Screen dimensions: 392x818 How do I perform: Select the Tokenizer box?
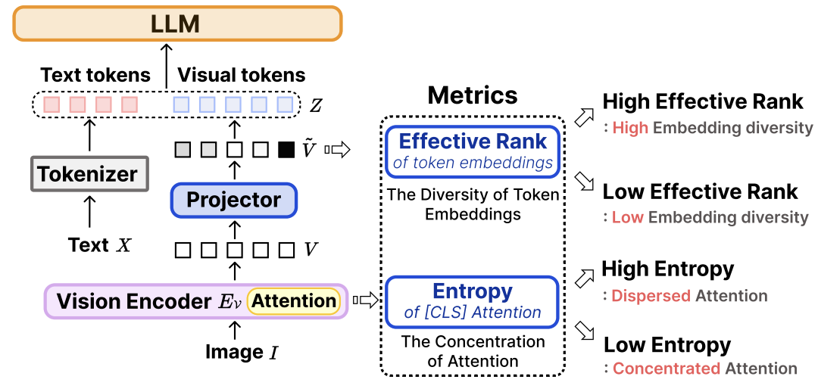[x=88, y=175]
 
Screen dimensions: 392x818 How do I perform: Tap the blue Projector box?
[x=234, y=200]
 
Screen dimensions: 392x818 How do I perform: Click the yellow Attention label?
[x=293, y=300]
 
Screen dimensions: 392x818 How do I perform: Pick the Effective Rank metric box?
[x=473, y=151]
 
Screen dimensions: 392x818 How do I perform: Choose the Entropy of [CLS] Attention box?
[x=473, y=300]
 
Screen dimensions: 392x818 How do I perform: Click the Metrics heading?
[x=473, y=95]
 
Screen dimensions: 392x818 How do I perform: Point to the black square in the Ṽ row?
[x=286, y=149]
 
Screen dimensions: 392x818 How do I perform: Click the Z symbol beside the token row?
[x=315, y=104]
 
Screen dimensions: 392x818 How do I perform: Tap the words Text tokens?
[x=95, y=75]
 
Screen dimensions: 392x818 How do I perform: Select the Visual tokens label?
[x=241, y=75]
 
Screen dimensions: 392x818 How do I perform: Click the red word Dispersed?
[x=651, y=296]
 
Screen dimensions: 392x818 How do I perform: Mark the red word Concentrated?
[x=666, y=369]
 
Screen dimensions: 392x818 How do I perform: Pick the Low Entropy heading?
[x=667, y=345]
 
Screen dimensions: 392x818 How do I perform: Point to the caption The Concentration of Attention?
[x=473, y=351]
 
